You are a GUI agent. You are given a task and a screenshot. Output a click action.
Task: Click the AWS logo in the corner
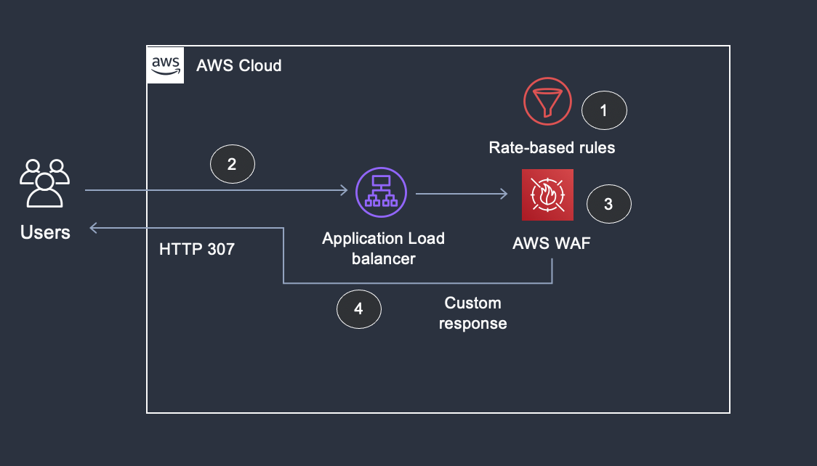pos(165,65)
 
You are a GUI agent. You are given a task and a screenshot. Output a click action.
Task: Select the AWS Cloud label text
pos(239,66)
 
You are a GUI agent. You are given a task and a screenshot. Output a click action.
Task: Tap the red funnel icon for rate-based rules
pos(548,101)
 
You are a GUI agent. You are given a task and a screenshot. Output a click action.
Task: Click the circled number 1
pos(604,111)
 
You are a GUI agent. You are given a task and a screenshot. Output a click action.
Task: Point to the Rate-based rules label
pos(552,148)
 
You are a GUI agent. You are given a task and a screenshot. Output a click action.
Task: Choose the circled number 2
pos(232,164)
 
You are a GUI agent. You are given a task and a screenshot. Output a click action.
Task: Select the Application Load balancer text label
pos(383,248)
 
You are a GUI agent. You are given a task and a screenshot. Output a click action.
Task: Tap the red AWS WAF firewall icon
pos(547,195)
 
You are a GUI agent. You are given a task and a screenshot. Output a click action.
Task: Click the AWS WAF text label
pos(552,243)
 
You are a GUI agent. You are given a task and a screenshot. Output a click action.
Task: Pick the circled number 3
pos(608,205)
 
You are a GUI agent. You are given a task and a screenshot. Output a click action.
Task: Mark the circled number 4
pos(358,309)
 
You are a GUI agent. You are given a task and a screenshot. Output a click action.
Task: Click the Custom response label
pos(473,313)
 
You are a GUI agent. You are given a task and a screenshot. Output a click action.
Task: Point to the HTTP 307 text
pos(197,250)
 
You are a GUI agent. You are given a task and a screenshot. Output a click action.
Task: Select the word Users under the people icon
pos(45,232)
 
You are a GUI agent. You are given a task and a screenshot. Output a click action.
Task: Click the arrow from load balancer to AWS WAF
pos(461,194)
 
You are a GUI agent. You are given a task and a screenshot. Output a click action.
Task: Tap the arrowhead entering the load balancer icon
pos(344,191)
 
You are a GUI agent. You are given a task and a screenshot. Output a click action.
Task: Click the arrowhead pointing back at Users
pos(94,229)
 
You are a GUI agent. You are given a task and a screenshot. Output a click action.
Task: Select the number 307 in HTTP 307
pos(220,250)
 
